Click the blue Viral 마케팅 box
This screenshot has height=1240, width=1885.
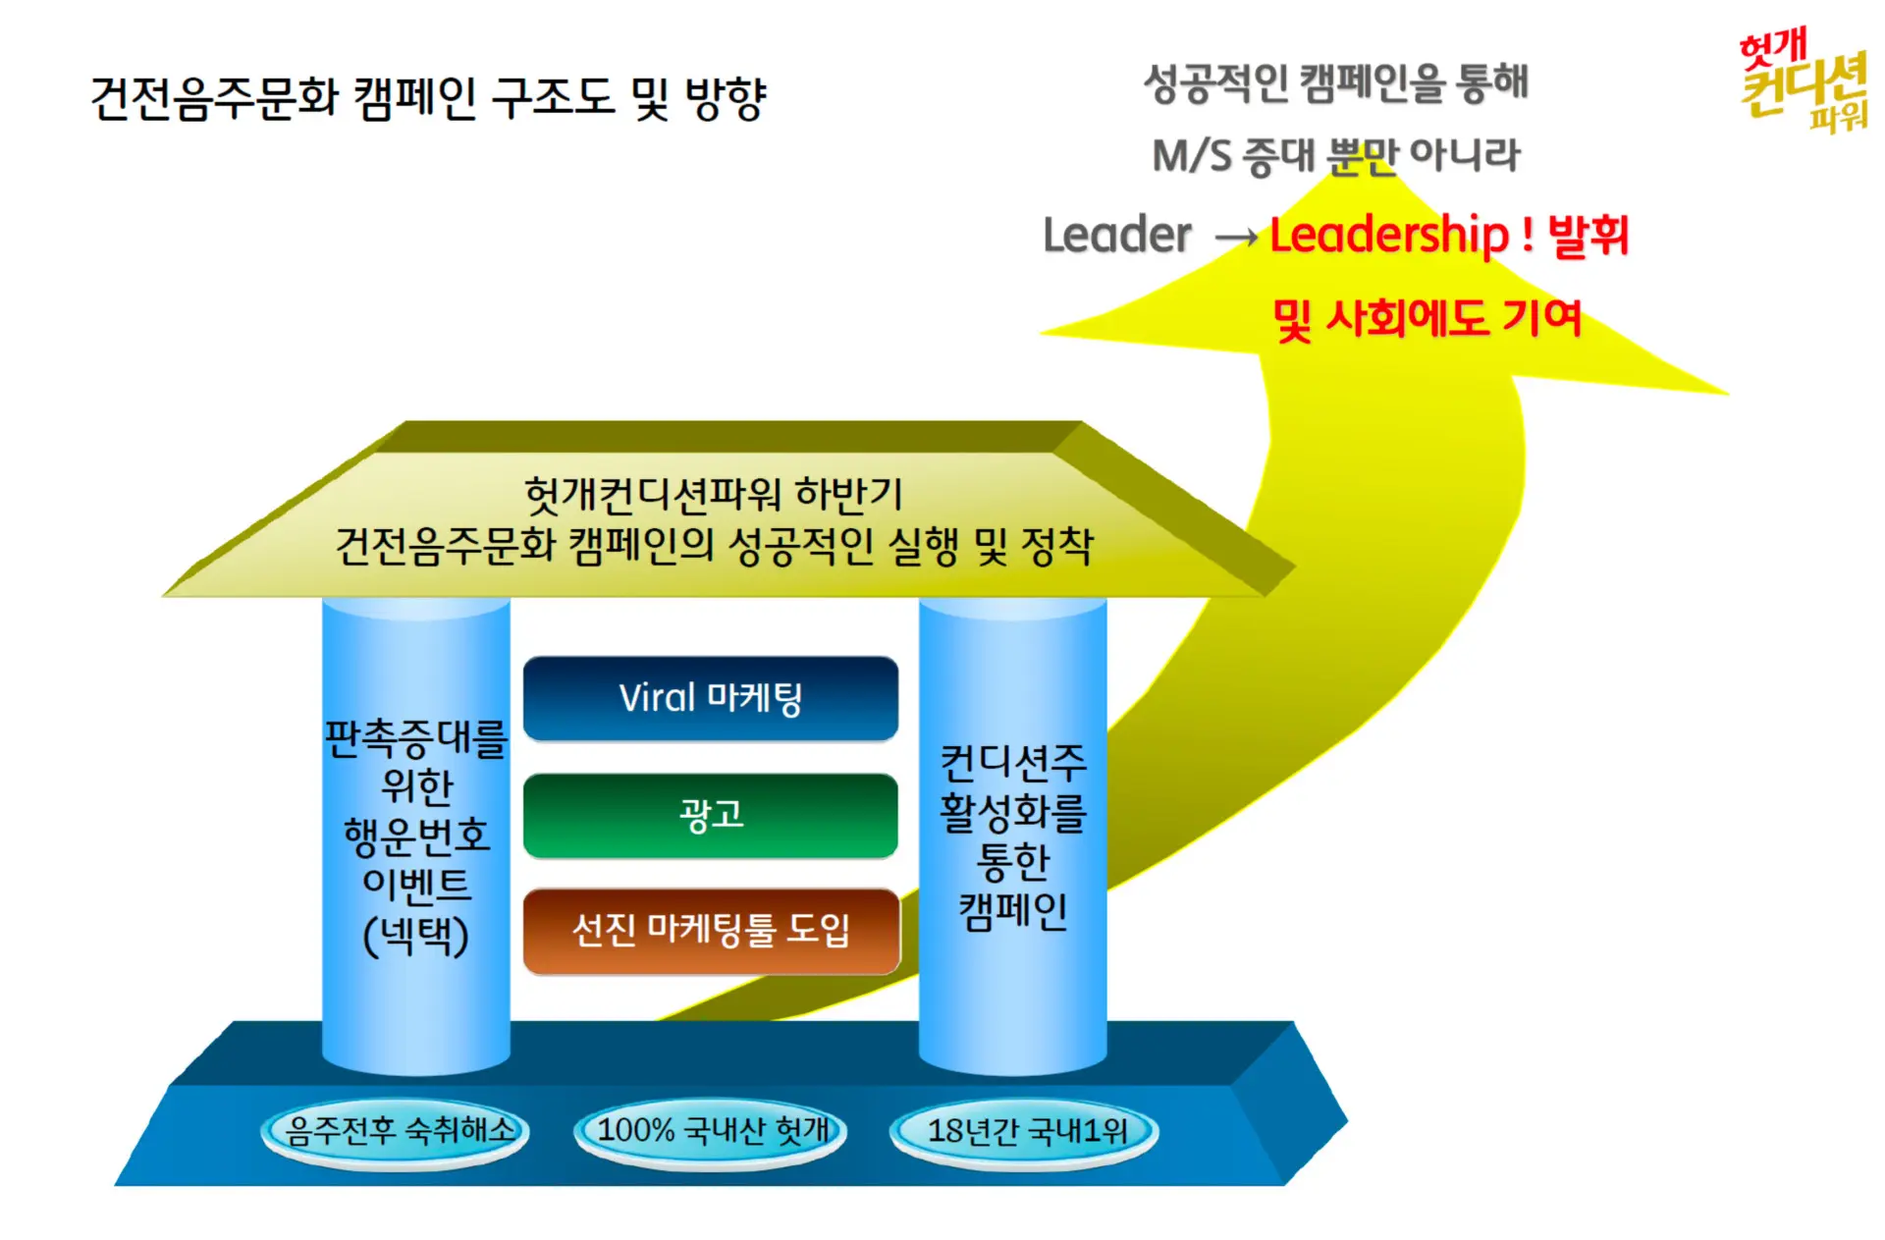pyautogui.click(x=710, y=698)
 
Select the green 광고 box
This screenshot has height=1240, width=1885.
pyautogui.click(x=710, y=815)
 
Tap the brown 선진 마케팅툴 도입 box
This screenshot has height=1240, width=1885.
pyautogui.click(x=711, y=931)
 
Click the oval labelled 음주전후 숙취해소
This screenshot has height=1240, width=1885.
pyautogui.click(x=396, y=1132)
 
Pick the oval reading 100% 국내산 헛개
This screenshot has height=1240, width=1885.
pyautogui.click(x=710, y=1132)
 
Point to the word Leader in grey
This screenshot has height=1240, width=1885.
pyautogui.click(x=1116, y=236)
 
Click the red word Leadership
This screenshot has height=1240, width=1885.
pyautogui.click(x=1389, y=236)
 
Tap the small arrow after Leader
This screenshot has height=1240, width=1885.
pyautogui.click(x=1235, y=238)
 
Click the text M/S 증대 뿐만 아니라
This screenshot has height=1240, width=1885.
pyautogui.click(x=1335, y=155)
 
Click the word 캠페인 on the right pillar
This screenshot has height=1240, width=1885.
pyautogui.click(x=1012, y=911)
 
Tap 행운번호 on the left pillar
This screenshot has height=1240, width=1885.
pyautogui.click(x=415, y=836)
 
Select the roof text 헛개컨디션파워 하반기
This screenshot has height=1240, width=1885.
pyautogui.click(x=713, y=494)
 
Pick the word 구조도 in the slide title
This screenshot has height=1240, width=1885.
pyautogui.click(x=553, y=98)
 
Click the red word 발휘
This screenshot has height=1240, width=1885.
pyautogui.click(x=1588, y=236)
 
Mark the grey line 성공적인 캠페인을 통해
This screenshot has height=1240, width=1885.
pyautogui.click(x=1335, y=82)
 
